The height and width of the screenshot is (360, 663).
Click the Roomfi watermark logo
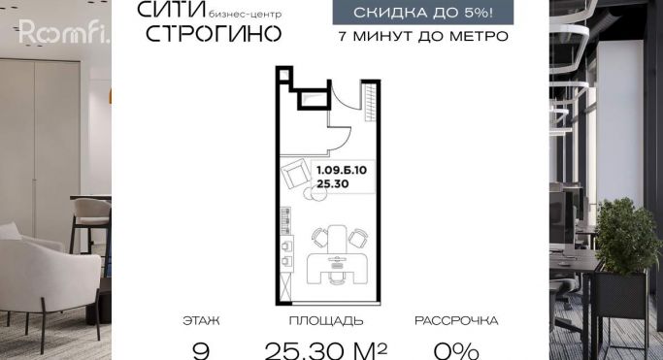click(x=64, y=32)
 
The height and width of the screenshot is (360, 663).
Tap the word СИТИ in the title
click(x=172, y=10)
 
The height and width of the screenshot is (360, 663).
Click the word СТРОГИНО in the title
click(x=214, y=33)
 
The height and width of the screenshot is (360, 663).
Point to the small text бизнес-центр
click(x=246, y=15)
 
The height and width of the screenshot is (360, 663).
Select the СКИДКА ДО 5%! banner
click(x=423, y=13)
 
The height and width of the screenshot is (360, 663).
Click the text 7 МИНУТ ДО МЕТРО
click(x=423, y=36)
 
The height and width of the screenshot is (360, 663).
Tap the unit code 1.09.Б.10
click(x=342, y=170)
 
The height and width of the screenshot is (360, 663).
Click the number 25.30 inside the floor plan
click(x=333, y=183)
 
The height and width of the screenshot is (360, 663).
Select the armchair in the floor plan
click(x=296, y=173)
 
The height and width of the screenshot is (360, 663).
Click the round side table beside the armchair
click(x=315, y=193)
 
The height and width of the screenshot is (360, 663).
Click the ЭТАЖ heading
click(x=201, y=321)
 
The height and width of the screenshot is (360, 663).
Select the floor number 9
click(x=201, y=350)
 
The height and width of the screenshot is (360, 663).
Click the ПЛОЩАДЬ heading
click(x=326, y=321)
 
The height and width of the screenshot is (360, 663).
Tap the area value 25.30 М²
click(x=326, y=350)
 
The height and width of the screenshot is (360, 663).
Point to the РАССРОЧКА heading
click(x=456, y=321)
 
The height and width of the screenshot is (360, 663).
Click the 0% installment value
click(x=456, y=350)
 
